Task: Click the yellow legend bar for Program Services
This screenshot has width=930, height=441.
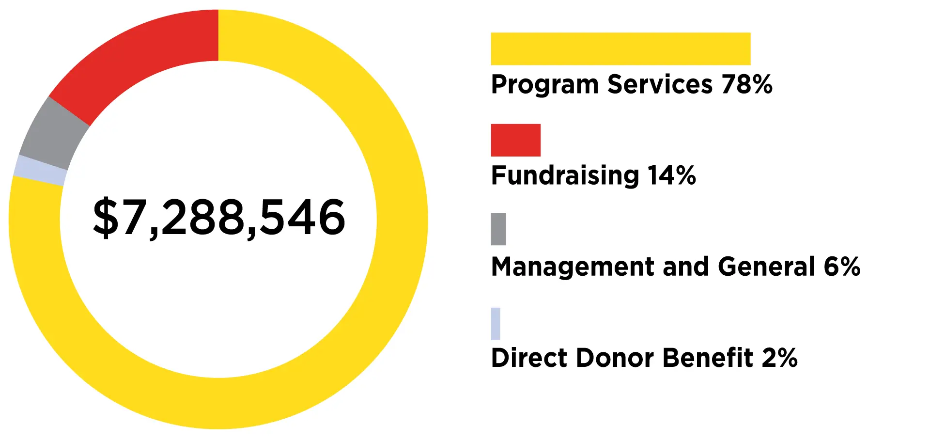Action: click(x=620, y=49)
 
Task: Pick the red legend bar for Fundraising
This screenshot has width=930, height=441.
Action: click(x=515, y=140)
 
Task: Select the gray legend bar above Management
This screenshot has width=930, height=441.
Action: click(x=498, y=229)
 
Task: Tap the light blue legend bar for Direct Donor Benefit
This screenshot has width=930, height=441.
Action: click(x=496, y=324)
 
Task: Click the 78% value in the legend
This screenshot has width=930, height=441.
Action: click(x=746, y=84)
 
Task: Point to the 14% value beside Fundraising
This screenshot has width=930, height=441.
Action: click(x=671, y=175)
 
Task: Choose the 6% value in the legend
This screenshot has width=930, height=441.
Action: click(x=842, y=267)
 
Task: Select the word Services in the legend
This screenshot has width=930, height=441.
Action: click(x=660, y=84)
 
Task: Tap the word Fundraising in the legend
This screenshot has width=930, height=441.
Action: click(x=565, y=176)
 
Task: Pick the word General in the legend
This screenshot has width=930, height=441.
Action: click(x=766, y=267)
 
